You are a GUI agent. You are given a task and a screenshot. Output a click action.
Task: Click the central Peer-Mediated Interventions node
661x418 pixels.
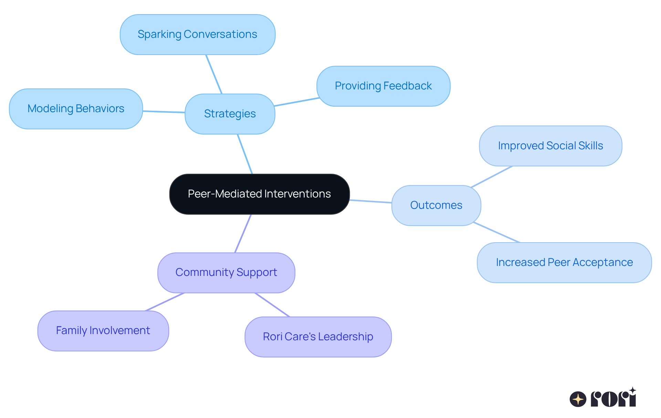coord(259,194)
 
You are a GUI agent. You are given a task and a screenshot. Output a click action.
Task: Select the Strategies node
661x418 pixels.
coord(230,114)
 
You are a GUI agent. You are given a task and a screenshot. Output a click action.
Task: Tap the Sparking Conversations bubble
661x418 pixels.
coord(197,34)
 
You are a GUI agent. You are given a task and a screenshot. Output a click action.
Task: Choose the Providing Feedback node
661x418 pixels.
coord(383,86)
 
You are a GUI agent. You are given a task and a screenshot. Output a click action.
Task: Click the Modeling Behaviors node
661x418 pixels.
coord(76,109)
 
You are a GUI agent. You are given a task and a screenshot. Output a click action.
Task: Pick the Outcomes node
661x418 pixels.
coord(436,205)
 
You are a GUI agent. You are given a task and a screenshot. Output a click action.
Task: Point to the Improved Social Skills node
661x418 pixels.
coord(550,146)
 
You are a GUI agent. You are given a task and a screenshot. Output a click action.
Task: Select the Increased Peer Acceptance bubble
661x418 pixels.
coord(564,262)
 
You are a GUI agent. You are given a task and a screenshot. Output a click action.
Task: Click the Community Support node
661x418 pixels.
coord(226,272)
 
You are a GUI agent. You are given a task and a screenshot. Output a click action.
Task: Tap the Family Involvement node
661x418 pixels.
coord(103,331)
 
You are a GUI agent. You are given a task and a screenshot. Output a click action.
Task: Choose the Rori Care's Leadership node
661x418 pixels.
coord(318,337)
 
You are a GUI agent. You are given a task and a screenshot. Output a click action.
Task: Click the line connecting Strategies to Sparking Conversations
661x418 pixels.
coord(214,74)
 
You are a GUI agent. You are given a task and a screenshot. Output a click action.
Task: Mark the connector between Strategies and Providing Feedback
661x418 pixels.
coord(296,102)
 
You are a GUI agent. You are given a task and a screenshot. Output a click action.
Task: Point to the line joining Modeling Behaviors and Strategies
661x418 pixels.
coord(164,112)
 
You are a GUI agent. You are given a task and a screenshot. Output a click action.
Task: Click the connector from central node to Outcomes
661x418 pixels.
coord(370,201)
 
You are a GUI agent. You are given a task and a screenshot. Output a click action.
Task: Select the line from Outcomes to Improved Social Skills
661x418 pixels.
coord(492,177)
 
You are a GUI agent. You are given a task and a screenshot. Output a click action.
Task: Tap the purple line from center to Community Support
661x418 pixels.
coord(243,234)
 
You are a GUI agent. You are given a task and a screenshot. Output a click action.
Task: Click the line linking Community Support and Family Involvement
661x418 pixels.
coord(165,302)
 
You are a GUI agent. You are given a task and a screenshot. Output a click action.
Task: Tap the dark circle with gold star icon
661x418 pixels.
coord(578,399)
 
